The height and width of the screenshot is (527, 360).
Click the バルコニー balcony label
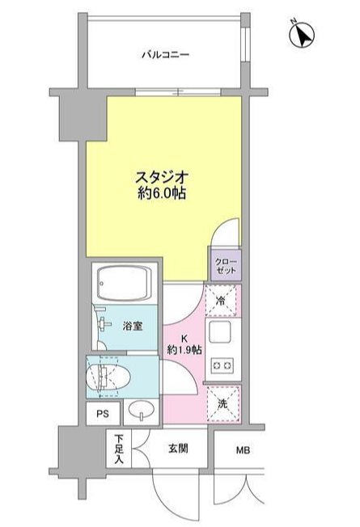pos(165,55)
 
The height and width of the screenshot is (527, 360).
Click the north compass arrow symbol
pos(302,35)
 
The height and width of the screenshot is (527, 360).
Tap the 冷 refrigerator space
pos(222,301)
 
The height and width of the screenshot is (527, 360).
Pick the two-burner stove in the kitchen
pos(222,365)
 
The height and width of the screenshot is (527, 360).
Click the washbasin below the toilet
pos(140,413)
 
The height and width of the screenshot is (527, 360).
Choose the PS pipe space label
pos(103,414)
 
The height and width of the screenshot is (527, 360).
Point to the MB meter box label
pos(244,451)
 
